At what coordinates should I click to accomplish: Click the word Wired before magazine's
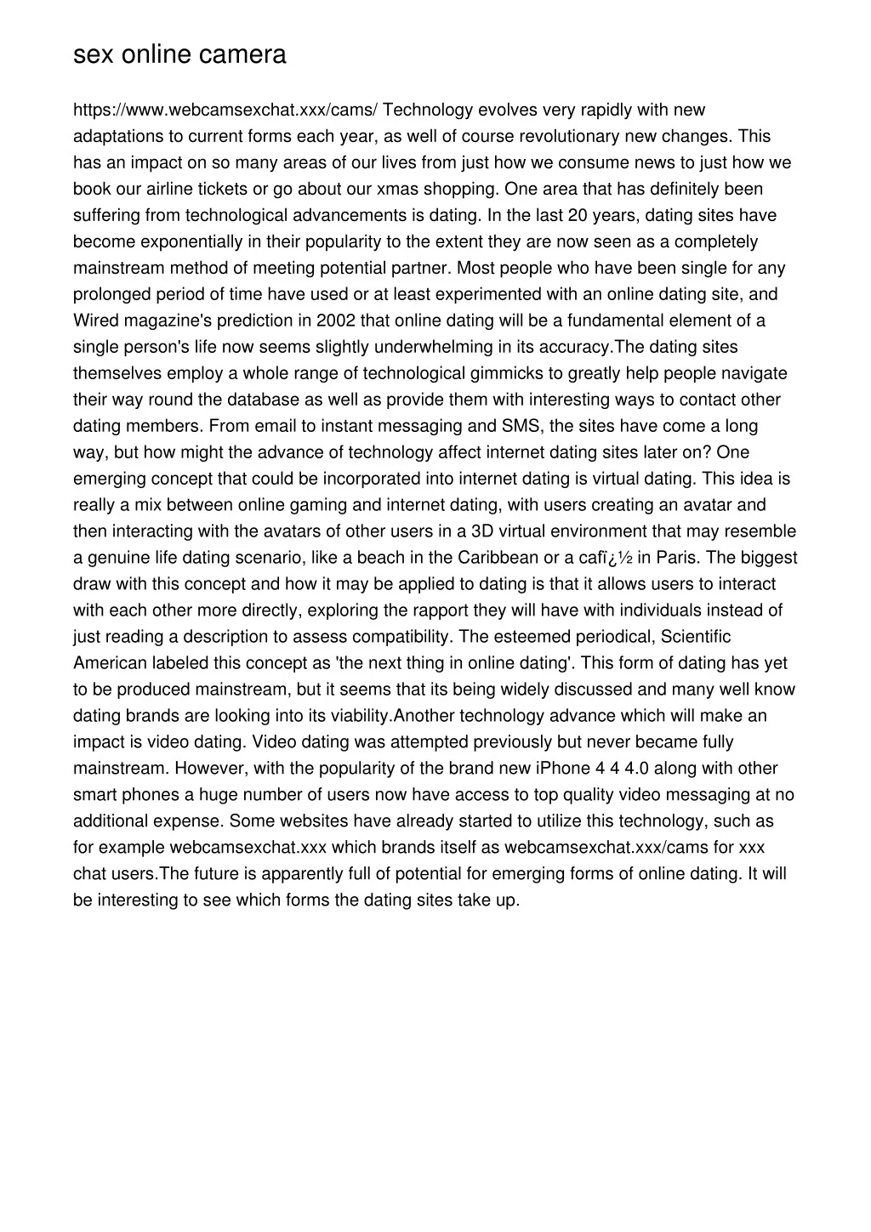click(96, 321)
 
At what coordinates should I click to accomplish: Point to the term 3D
click(482, 531)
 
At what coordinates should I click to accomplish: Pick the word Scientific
click(696, 637)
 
